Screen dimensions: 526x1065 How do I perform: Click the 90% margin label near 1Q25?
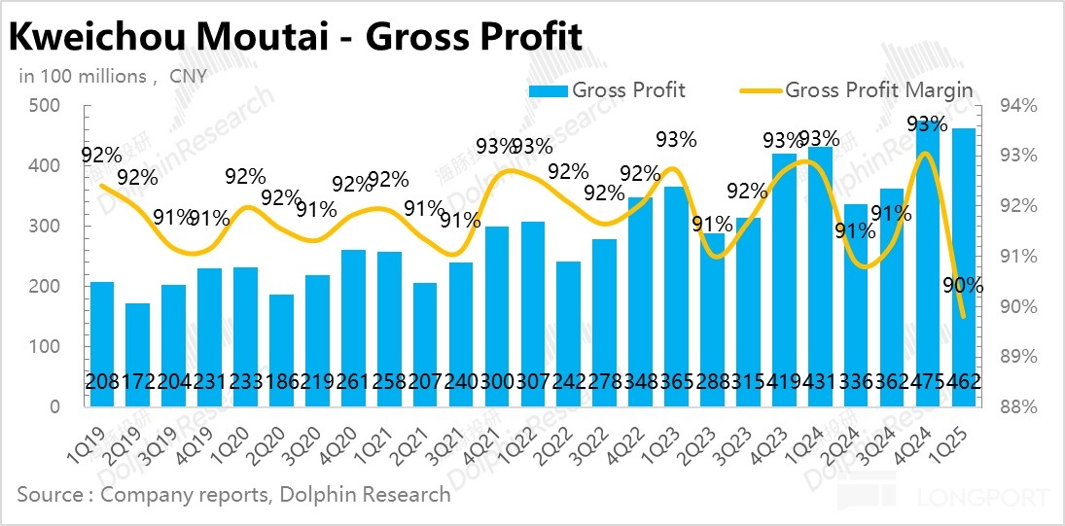pyautogui.click(x=963, y=286)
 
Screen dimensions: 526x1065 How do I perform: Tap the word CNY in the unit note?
pyautogui.click(x=191, y=76)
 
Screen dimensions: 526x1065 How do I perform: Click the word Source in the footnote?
pyautogui.click(x=51, y=494)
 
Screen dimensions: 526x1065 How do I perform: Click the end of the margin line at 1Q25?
pyautogui.click(x=963, y=316)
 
